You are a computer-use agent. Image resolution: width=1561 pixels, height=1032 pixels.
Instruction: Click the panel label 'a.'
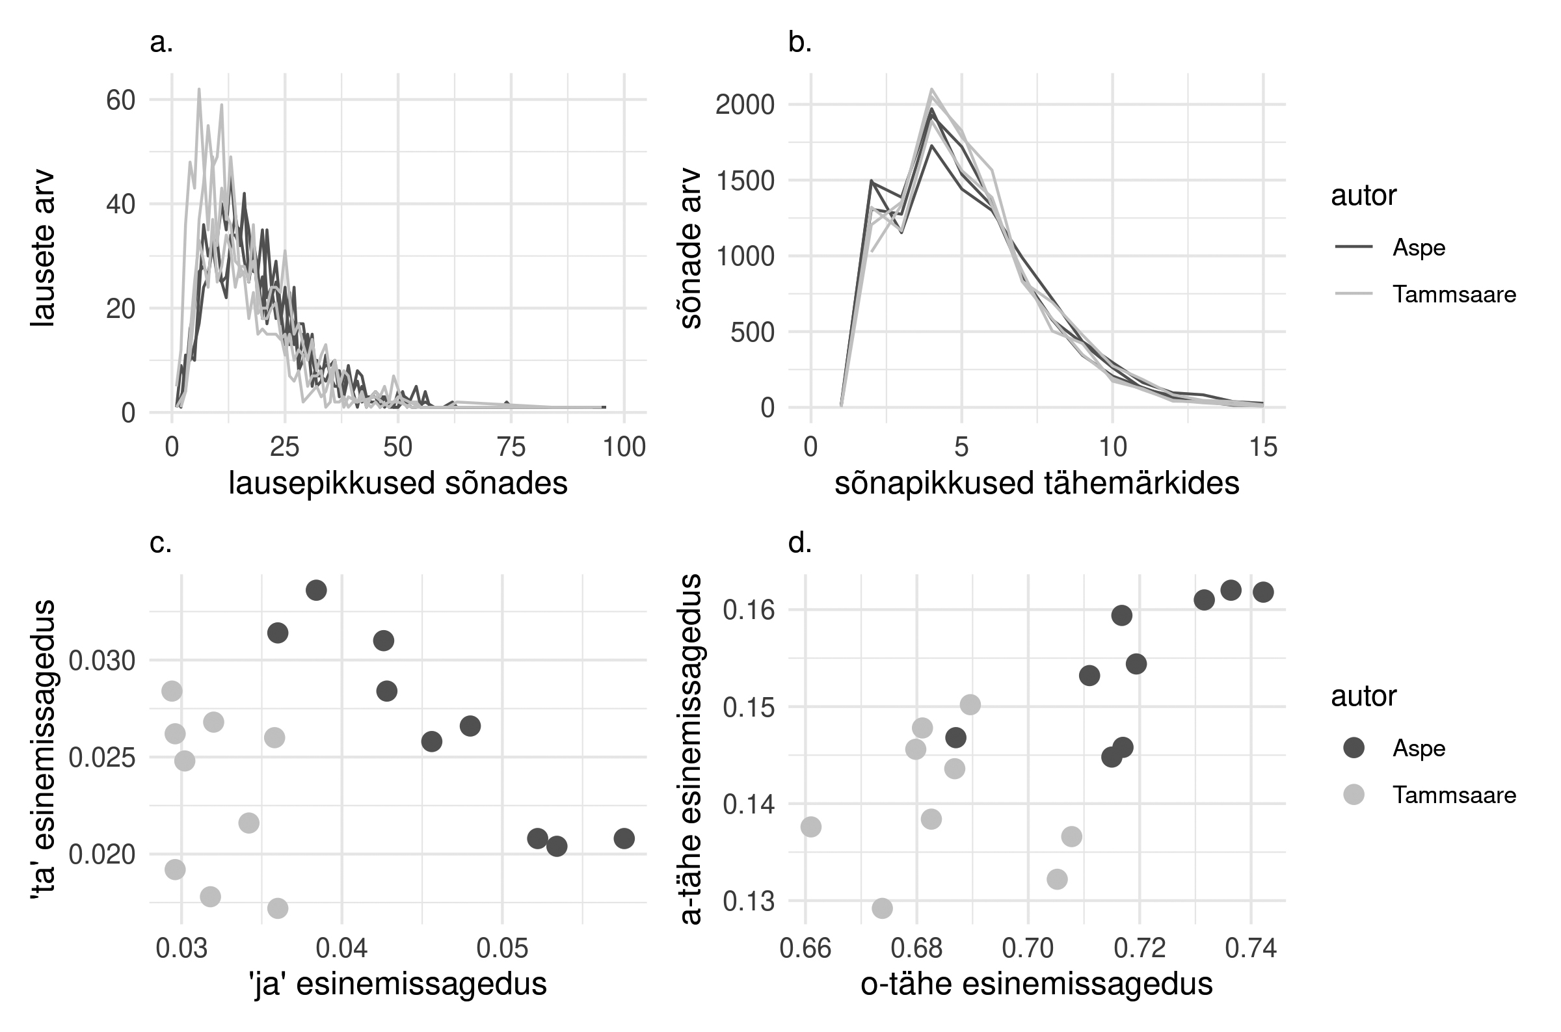click(x=161, y=44)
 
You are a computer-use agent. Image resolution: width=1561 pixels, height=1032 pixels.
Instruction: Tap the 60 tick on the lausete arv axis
click(x=120, y=100)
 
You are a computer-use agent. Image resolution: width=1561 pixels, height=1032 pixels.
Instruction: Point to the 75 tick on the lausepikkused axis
click(x=511, y=447)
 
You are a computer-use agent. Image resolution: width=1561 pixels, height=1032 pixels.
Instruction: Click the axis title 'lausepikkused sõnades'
click(x=397, y=484)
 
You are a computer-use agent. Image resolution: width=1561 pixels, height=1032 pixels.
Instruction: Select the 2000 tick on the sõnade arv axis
click(x=745, y=105)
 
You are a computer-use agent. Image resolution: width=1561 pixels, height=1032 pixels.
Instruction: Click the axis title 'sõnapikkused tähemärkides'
click(x=1037, y=484)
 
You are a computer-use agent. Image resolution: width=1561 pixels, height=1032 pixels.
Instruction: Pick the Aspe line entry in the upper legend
click(x=1353, y=248)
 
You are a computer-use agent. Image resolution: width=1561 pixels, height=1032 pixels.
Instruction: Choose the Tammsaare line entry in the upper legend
click(x=1353, y=294)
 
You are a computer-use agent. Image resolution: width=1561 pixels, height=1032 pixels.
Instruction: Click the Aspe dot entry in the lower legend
click(x=1353, y=748)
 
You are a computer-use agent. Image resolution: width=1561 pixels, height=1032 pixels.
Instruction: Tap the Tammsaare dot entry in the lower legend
click(x=1353, y=795)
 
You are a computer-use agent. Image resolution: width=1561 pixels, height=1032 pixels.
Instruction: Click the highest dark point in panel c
click(x=316, y=590)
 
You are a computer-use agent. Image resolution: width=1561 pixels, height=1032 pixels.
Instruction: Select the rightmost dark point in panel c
click(x=624, y=838)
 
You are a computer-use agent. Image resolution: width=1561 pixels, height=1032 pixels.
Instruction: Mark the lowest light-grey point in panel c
click(x=278, y=908)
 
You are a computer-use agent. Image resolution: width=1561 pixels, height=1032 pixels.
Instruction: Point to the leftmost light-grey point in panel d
click(x=811, y=827)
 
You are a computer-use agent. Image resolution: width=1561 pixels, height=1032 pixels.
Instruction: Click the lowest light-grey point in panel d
click(x=882, y=908)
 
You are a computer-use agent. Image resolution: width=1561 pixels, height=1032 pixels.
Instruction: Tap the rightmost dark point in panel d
click(x=1263, y=592)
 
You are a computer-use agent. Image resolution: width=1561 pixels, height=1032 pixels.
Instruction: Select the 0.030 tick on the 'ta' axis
click(x=102, y=661)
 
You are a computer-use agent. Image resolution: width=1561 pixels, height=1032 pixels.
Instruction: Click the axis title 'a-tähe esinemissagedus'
click(x=691, y=749)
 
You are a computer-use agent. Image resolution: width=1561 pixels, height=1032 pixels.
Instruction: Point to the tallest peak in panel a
click(x=199, y=90)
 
